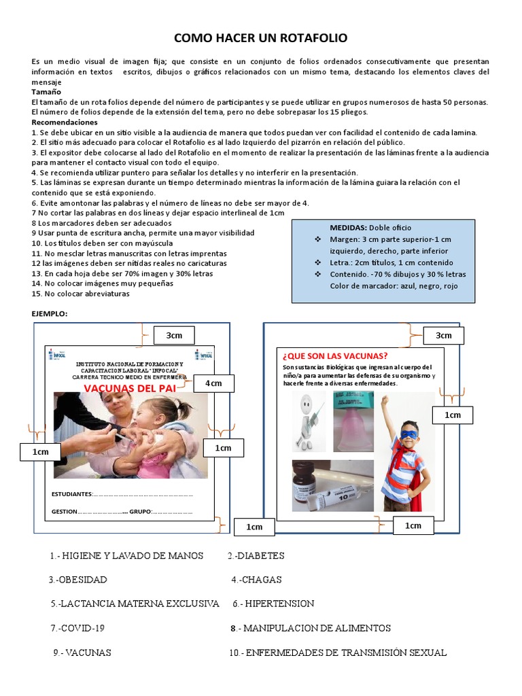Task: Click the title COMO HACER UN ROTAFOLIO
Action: (261, 37)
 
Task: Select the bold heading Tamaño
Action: (46, 92)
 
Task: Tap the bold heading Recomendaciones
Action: (65, 122)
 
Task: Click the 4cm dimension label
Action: (213, 384)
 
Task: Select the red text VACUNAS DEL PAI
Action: (130, 387)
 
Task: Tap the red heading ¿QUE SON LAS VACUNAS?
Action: (335, 356)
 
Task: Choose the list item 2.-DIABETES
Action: (256, 556)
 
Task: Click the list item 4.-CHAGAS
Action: (256, 580)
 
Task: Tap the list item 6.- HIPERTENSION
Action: (273, 604)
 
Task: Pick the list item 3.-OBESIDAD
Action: (77, 580)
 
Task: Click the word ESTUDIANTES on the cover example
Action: (71, 493)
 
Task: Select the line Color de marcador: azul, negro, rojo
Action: (394, 286)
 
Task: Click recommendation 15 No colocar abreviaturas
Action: (80, 294)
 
